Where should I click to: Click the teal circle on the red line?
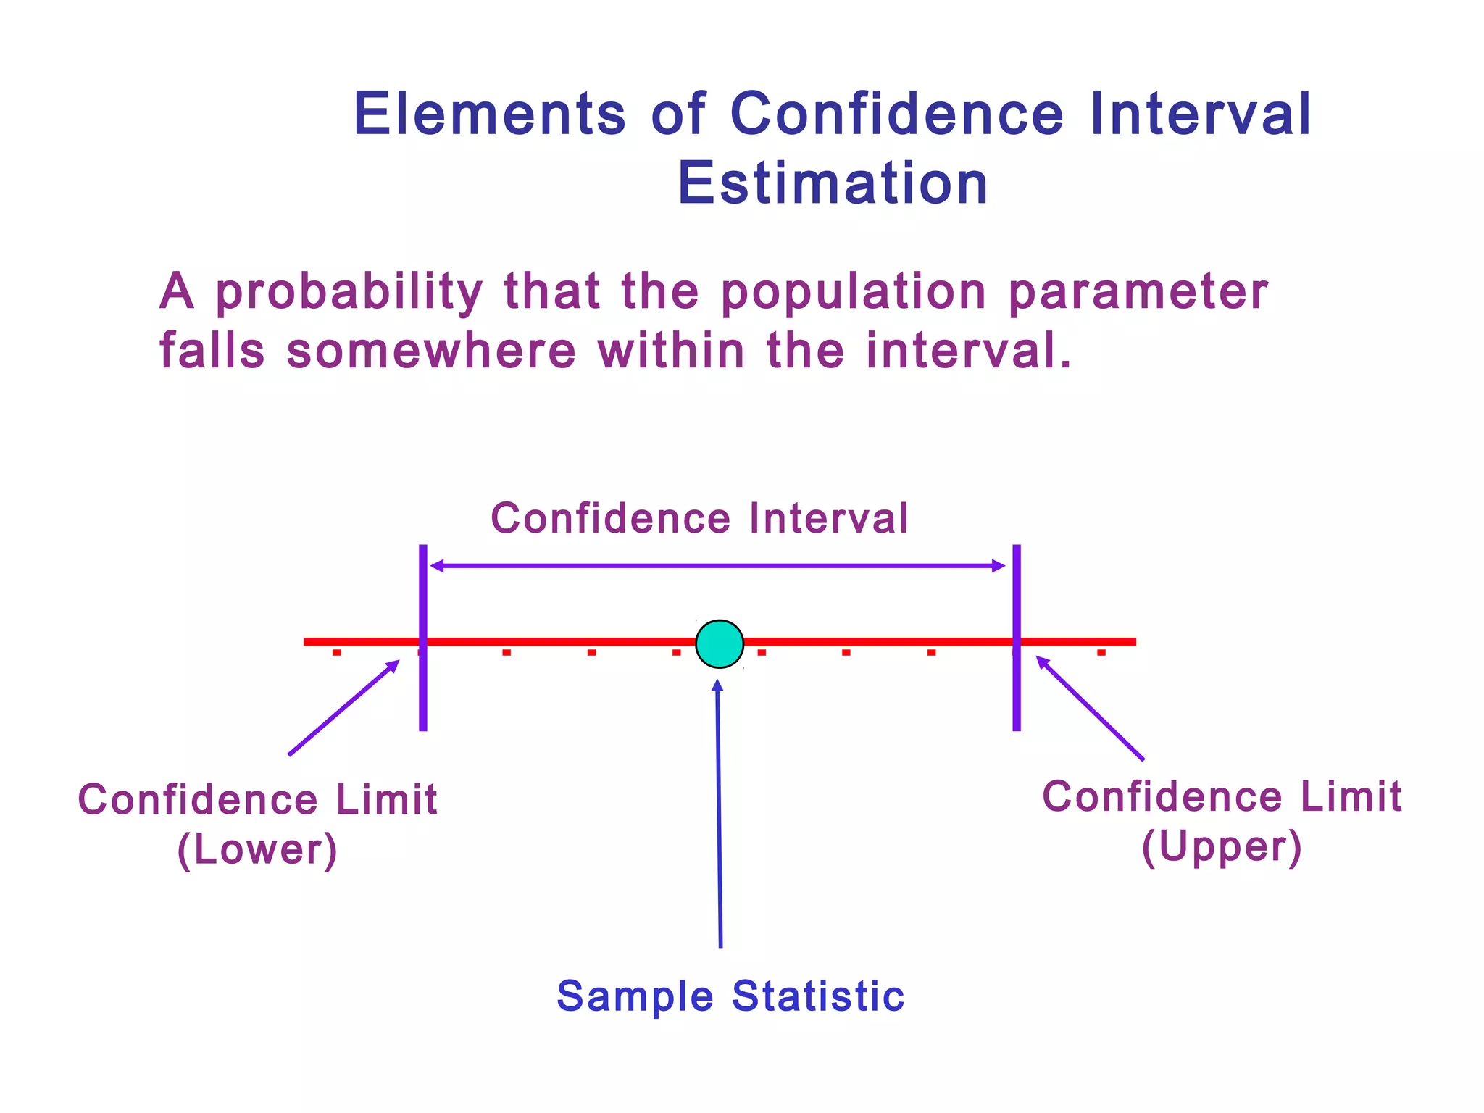tap(720, 643)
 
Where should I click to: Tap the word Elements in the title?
tap(490, 114)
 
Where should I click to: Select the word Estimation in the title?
tap(833, 184)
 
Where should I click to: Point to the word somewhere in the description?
tap(431, 351)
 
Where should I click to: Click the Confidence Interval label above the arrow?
tap(699, 519)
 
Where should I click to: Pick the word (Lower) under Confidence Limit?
tap(257, 849)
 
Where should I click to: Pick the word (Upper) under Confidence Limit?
tap(1222, 846)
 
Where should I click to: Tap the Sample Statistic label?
tap(730, 996)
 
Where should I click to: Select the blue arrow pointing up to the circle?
tap(719, 812)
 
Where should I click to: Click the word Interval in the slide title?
tap(1200, 114)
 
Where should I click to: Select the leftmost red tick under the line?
tap(336, 653)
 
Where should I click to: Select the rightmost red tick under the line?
tap(1101, 653)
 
